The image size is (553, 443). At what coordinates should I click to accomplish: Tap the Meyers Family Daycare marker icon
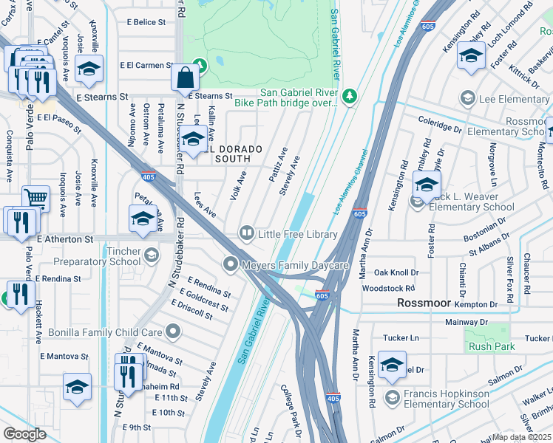pyautogui.click(x=231, y=264)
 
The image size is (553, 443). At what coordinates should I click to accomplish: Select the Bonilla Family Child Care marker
pyautogui.click(x=173, y=332)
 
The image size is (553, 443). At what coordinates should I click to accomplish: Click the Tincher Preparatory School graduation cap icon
pyautogui.click(x=151, y=255)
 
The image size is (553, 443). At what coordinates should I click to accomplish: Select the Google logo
pyautogui.click(x=24, y=433)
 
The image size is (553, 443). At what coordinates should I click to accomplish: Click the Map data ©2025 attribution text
pyautogui.click(x=522, y=437)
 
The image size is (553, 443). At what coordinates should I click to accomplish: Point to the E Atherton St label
pyautogui.click(x=64, y=239)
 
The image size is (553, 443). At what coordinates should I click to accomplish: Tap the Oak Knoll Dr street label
pyautogui.click(x=396, y=273)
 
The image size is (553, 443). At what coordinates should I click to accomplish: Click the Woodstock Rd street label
pyautogui.click(x=394, y=288)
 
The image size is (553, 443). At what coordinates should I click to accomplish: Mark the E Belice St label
pyautogui.click(x=146, y=22)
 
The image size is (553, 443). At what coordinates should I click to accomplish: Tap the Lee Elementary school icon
pyautogui.click(x=467, y=98)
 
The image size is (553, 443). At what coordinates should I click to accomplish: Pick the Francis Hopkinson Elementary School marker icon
pyautogui.click(x=393, y=398)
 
